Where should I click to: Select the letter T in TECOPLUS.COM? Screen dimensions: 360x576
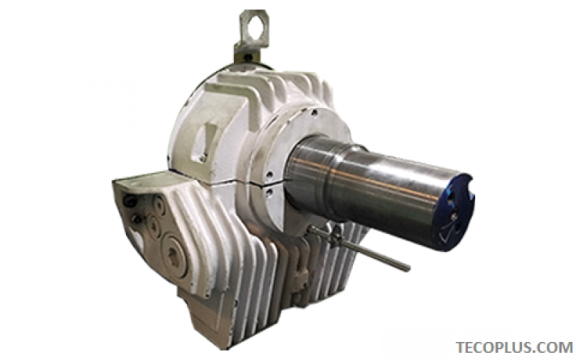(459, 347)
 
